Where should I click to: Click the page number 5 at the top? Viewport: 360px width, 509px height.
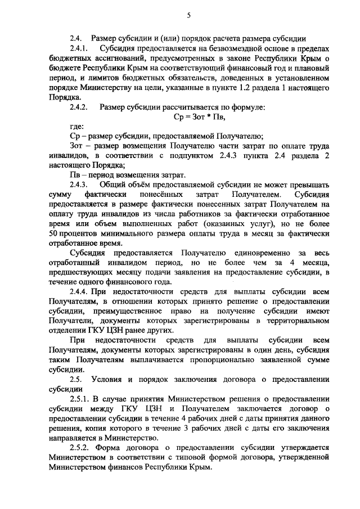click(x=188, y=16)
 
